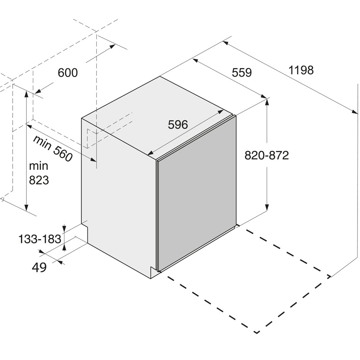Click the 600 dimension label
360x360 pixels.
click(68, 73)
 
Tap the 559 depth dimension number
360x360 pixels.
click(242, 73)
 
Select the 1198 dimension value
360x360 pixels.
click(301, 70)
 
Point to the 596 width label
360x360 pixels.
click(178, 125)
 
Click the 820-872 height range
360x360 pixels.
click(266, 156)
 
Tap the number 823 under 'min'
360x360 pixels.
click(39, 180)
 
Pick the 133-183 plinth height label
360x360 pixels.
click(40, 239)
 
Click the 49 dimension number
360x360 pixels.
click(39, 267)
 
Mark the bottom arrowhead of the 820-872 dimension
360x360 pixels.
click(267, 208)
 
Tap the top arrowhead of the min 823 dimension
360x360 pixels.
click(27, 94)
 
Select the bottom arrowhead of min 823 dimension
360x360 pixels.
click(27, 207)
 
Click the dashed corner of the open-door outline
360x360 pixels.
click(257, 332)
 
